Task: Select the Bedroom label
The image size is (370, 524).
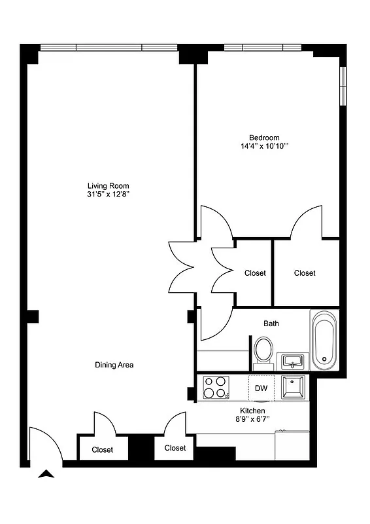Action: point(264,138)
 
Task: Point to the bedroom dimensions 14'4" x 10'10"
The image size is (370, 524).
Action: point(264,146)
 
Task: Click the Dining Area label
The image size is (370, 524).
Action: point(114,365)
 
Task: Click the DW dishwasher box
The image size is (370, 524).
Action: point(261,388)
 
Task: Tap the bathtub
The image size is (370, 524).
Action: point(324,341)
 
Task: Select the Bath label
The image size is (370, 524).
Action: point(271,324)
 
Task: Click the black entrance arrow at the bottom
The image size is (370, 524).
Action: point(45,475)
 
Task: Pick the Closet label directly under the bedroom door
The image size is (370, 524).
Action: point(305,273)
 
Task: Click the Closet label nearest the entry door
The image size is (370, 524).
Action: point(102,450)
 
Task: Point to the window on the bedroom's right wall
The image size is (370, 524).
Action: point(342,84)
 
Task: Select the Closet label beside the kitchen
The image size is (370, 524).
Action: point(175,449)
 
